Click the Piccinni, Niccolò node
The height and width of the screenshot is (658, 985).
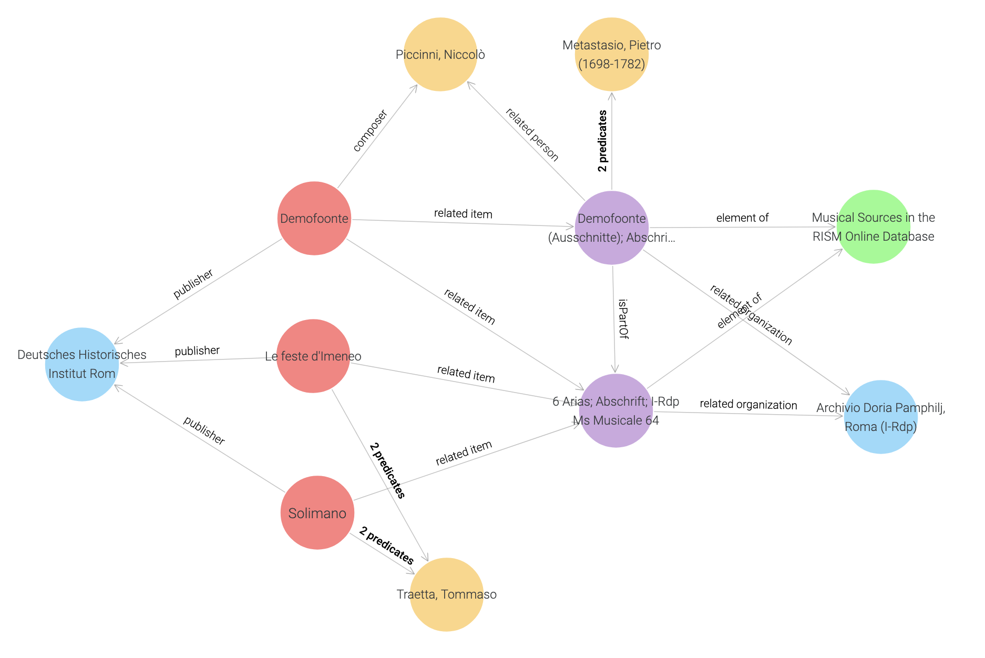[x=440, y=55]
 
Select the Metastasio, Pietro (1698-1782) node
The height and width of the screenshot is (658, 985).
[x=611, y=55]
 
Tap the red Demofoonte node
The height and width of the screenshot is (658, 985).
[x=314, y=219]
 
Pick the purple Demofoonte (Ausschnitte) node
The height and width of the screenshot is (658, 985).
[x=612, y=228]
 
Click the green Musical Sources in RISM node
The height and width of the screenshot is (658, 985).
[x=873, y=227]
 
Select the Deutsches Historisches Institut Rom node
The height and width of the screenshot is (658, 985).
[x=82, y=364]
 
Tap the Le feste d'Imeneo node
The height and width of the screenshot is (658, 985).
[x=313, y=356]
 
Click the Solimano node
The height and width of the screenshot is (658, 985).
[x=317, y=513]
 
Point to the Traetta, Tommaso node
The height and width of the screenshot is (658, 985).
[x=446, y=594]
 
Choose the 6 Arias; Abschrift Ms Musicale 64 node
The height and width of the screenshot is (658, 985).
[x=615, y=411]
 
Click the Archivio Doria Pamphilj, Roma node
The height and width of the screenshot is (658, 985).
[x=880, y=417]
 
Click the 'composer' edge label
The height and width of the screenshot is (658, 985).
[x=370, y=131]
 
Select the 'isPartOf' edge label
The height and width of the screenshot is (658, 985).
[x=623, y=319]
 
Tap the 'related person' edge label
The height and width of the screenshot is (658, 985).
[x=532, y=135]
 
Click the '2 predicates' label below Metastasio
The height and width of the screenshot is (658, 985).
[x=602, y=141]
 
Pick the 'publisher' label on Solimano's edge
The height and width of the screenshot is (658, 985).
[x=204, y=430]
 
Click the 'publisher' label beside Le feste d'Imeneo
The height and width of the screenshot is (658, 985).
[x=197, y=351]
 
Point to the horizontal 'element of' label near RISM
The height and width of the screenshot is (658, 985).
[x=742, y=218]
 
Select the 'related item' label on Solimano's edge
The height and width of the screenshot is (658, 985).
[x=464, y=453]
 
